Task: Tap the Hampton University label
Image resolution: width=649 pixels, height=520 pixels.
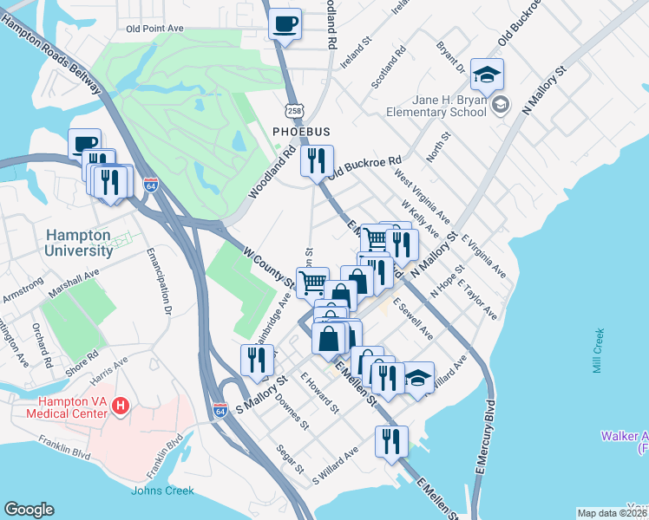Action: click(78, 243)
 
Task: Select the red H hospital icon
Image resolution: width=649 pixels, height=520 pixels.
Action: click(121, 405)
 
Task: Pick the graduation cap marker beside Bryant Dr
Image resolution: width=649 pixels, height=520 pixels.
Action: click(488, 75)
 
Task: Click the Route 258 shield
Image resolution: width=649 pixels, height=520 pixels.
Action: click(294, 111)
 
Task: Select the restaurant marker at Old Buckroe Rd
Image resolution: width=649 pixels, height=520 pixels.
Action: click(317, 160)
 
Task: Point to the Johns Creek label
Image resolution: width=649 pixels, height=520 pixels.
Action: click(158, 491)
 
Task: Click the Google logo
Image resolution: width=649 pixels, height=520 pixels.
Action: click(29, 509)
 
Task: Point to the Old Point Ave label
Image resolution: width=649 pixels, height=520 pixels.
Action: click(154, 29)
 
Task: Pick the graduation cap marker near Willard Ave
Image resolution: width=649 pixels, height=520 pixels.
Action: click(418, 378)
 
